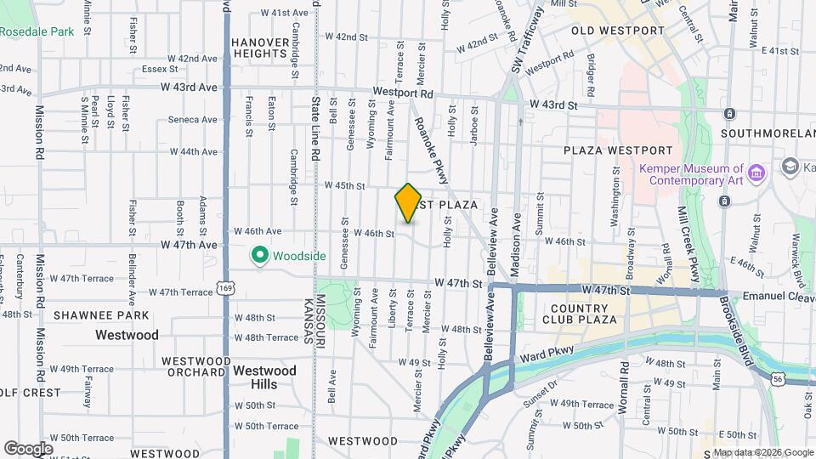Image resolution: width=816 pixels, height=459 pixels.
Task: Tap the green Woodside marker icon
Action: [260, 255]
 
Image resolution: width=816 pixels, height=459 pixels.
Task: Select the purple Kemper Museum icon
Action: [757, 173]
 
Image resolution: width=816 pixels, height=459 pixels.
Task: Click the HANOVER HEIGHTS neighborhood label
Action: [259, 47]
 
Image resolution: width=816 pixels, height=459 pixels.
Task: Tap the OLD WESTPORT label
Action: [618, 31]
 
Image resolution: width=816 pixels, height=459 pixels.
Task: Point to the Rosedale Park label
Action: [37, 31]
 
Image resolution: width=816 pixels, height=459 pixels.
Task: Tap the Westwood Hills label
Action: [264, 377]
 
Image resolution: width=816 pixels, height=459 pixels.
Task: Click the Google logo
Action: [29, 448]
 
